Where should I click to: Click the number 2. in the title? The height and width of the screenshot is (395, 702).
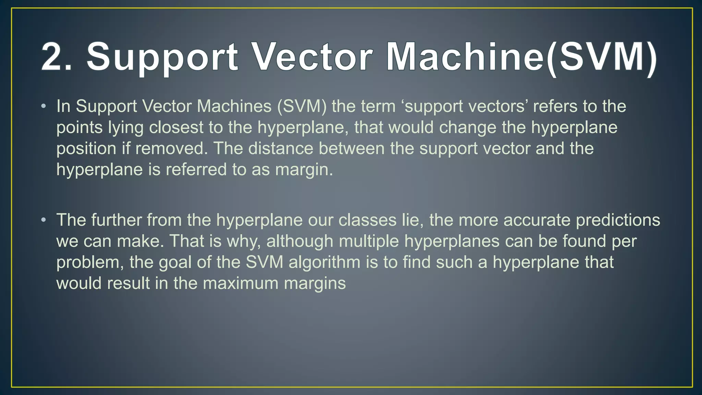[x=57, y=57]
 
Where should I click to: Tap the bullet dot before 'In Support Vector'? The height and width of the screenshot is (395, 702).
[x=43, y=106]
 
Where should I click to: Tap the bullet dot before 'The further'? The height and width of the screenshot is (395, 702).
[x=43, y=220]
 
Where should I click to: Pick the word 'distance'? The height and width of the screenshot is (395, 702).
[x=281, y=149]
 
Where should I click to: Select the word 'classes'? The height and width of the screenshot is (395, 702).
[x=367, y=220]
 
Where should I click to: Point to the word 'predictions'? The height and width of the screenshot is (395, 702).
[x=618, y=220]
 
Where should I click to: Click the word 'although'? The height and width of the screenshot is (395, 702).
[x=300, y=241]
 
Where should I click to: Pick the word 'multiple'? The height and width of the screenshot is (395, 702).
[x=369, y=241]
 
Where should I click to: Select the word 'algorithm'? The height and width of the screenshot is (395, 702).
[x=324, y=263]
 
